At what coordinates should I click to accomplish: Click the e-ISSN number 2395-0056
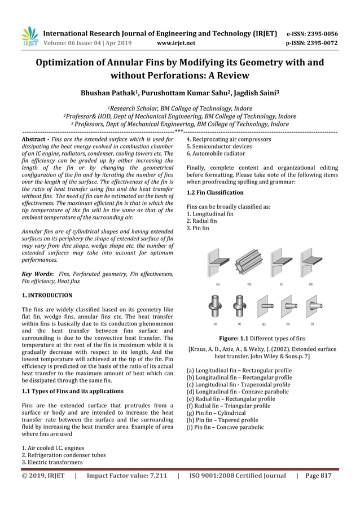pos(331,33)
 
